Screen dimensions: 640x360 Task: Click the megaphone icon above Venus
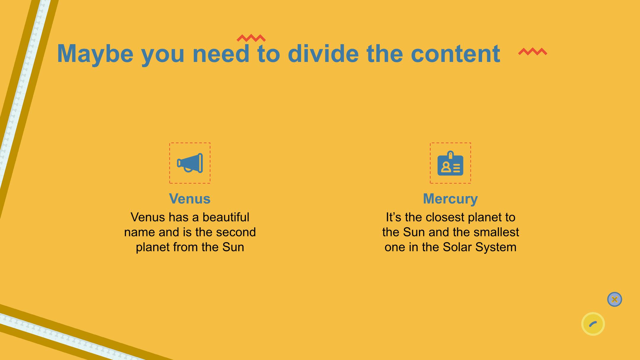tap(190, 163)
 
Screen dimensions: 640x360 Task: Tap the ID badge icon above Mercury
tap(450, 163)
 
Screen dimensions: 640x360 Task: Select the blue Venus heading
tap(190, 199)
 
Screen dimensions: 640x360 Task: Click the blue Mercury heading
tap(450, 199)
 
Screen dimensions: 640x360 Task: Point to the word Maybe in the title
tap(95, 54)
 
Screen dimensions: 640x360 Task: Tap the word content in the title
tap(456, 54)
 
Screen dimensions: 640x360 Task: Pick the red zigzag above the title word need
tap(251, 38)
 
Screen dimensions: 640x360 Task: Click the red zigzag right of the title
tap(533, 52)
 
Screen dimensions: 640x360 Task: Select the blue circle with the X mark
tap(615, 299)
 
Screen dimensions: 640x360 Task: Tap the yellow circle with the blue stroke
tap(593, 324)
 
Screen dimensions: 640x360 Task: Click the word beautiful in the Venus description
tap(226, 217)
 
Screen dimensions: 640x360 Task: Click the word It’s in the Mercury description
tap(393, 217)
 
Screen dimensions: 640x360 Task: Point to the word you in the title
tap(163, 56)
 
